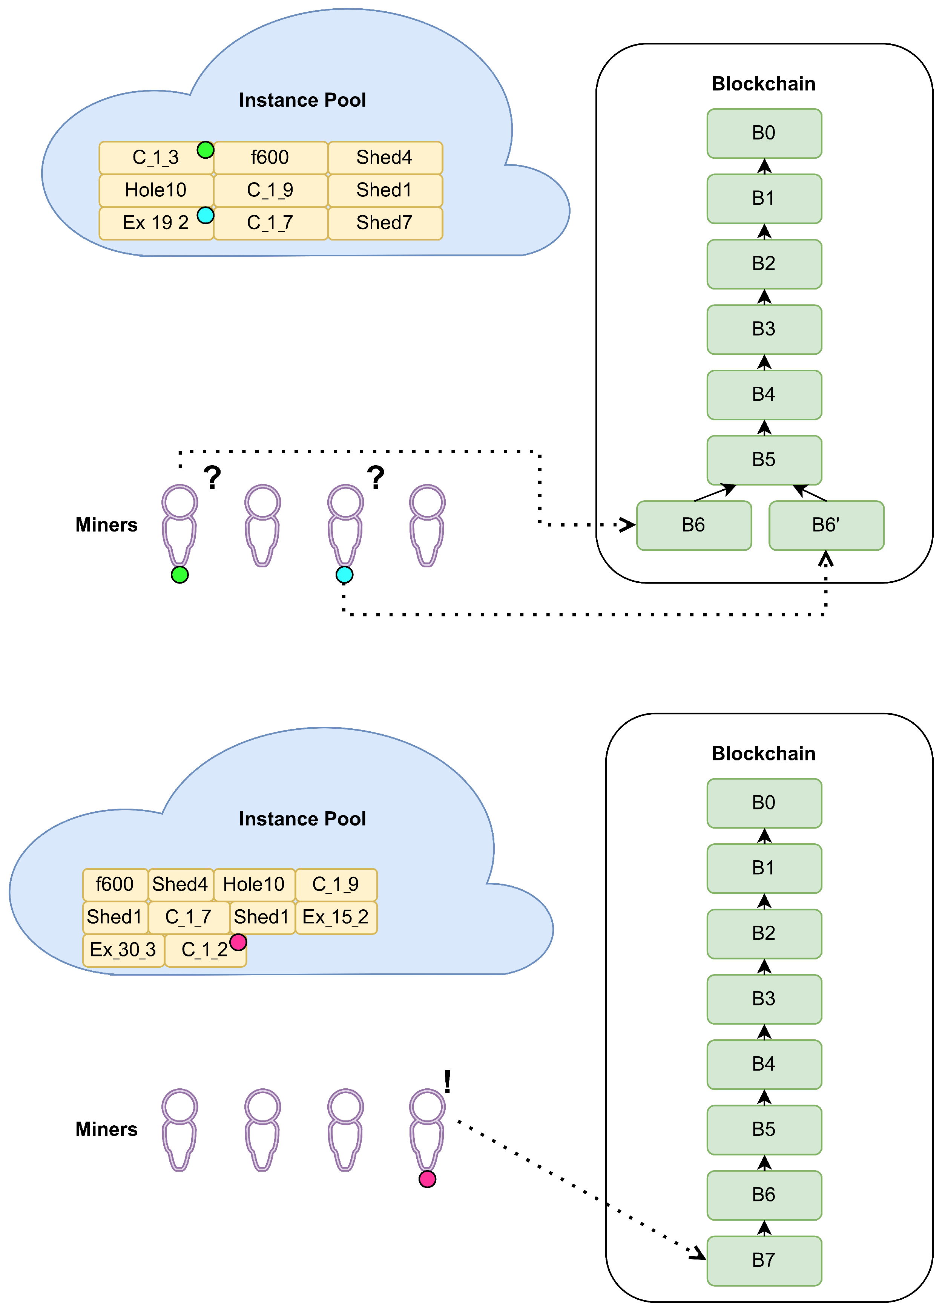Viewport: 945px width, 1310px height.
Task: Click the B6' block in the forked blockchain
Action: (826, 525)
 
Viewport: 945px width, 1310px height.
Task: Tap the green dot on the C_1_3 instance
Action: (206, 150)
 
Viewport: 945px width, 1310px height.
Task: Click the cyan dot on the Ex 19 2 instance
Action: (206, 216)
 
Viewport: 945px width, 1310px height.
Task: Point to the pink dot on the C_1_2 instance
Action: (238, 942)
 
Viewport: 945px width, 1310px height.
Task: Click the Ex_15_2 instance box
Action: (336, 917)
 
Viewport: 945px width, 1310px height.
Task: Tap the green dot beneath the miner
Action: (179, 575)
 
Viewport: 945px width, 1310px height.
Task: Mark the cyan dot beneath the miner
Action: (344, 575)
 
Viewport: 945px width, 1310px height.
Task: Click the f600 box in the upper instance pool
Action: (271, 158)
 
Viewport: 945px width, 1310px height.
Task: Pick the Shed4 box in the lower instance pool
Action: (181, 884)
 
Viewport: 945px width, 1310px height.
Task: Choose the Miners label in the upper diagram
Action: (107, 525)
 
